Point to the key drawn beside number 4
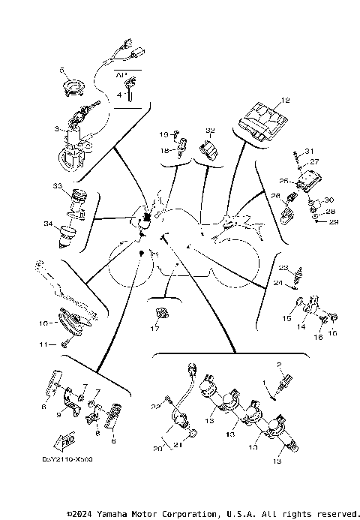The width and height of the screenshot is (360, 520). (x=130, y=92)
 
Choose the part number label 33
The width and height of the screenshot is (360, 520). (x=57, y=185)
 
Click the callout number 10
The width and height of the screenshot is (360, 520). (x=43, y=323)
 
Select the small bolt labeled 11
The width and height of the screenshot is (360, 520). (x=65, y=344)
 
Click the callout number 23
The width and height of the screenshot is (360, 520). (x=283, y=267)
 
